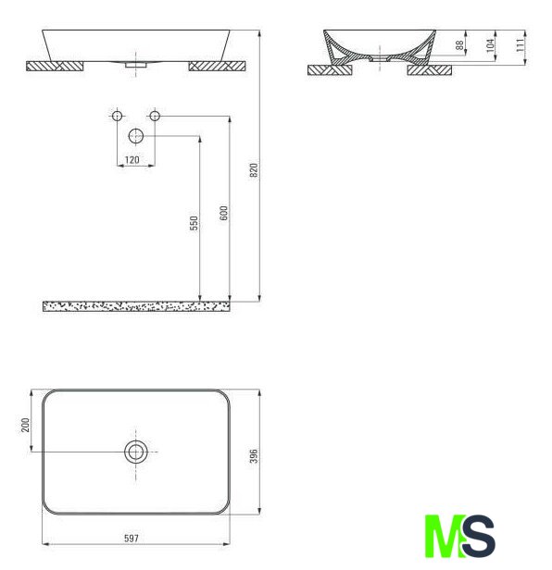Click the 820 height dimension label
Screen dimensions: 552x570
click(254, 170)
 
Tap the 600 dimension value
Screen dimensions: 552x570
click(223, 213)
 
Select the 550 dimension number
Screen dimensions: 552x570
click(194, 223)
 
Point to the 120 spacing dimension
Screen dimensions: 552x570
click(132, 159)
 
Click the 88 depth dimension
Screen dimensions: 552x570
click(459, 45)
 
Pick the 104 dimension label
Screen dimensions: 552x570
click(491, 45)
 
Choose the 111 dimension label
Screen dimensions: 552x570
click(521, 45)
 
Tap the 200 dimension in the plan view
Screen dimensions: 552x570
click(25, 425)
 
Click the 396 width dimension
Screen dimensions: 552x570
click(254, 456)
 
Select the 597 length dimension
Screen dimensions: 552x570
click(132, 538)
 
